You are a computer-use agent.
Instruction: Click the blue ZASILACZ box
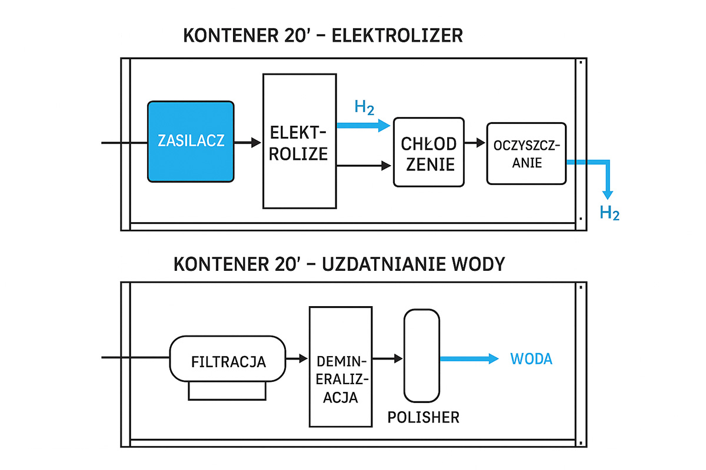coord(191,141)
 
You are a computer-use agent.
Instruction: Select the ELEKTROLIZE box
coord(299,141)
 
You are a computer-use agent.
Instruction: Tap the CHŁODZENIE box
coord(428,152)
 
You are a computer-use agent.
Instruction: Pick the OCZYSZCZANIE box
coord(527,153)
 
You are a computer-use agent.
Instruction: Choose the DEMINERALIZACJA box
coord(341,367)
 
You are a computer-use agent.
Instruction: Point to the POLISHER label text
coord(424,418)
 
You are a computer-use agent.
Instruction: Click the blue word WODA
coord(532,359)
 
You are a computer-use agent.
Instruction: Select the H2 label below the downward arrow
coord(610,213)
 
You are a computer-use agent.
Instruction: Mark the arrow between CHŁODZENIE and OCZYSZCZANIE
coord(475,143)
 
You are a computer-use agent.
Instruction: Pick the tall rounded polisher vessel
coord(422,355)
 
